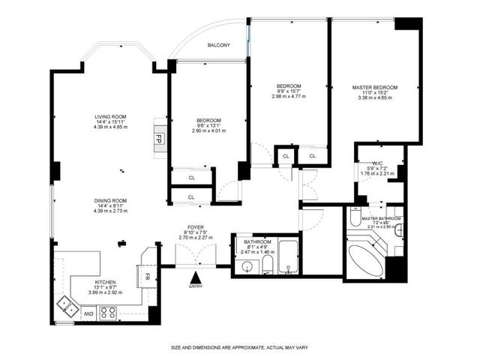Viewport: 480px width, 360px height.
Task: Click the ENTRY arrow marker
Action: [196, 278]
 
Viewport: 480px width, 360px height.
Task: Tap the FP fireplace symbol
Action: [159, 139]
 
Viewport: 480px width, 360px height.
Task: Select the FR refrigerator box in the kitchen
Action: [148, 276]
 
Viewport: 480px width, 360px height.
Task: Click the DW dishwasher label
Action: [88, 313]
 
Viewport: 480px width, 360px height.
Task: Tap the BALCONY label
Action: [218, 46]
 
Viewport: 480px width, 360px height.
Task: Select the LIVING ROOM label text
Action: [110, 117]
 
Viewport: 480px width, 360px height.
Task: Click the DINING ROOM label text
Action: [110, 200]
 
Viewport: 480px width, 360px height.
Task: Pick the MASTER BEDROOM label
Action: [375, 88]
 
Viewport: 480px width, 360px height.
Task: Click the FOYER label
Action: [196, 228]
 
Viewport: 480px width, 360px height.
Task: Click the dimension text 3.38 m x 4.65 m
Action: [375, 98]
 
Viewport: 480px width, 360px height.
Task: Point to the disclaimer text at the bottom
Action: [239, 347]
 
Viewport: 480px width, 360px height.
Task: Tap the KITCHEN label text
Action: [104, 282]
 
